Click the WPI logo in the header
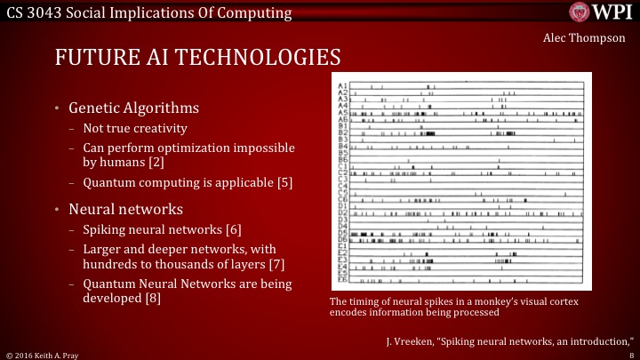tap(600, 12)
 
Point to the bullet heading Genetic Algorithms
tap(133, 108)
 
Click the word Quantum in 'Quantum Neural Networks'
tap(108, 284)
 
